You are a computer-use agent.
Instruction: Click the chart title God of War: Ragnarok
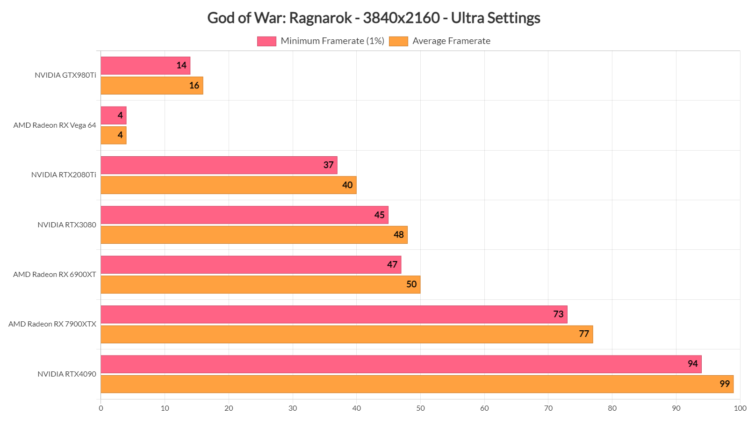(x=374, y=18)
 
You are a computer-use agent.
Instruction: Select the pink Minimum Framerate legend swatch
(x=266, y=41)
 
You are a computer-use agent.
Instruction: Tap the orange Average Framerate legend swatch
(x=398, y=41)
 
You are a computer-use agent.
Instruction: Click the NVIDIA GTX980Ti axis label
(x=65, y=75)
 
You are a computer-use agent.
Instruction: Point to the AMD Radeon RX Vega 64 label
(x=55, y=125)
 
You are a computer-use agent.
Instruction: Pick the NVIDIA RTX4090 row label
(x=67, y=374)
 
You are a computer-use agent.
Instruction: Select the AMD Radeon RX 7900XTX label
(x=52, y=324)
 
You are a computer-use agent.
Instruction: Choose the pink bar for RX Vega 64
(x=113, y=115)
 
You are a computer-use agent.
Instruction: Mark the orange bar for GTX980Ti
(x=151, y=86)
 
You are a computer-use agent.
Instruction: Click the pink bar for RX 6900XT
(x=251, y=265)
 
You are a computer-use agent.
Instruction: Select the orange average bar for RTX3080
(x=254, y=235)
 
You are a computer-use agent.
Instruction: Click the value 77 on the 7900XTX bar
(x=584, y=334)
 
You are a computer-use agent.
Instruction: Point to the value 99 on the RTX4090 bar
(x=725, y=384)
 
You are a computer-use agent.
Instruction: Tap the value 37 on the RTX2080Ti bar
(x=329, y=165)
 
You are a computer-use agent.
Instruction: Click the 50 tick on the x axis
(x=420, y=408)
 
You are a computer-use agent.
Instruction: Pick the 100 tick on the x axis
(x=740, y=408)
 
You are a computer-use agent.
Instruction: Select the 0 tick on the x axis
(x=101, y=408)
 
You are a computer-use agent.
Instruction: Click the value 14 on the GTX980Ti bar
(x=181, y=65)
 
